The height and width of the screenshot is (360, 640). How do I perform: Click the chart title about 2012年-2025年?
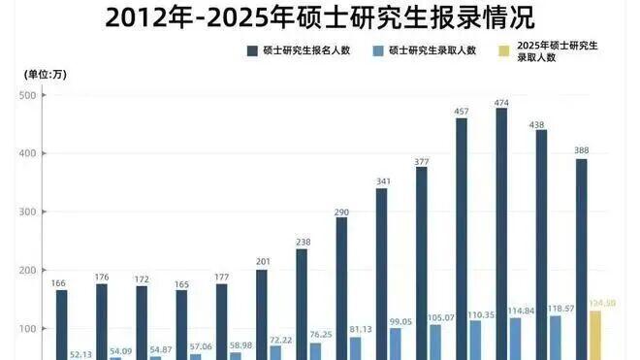coord(319,17)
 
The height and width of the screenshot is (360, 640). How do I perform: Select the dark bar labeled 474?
coord(501,233)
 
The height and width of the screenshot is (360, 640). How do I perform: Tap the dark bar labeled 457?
coord(461,238)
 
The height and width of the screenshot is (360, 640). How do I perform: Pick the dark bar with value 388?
coord(582,257)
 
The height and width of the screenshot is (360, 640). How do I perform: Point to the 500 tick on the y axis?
coord(27,95)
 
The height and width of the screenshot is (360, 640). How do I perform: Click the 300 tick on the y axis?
coord(27,212)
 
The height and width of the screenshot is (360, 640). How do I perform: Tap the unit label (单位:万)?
coord(46,74)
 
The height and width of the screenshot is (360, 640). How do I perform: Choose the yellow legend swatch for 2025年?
coord(503,50)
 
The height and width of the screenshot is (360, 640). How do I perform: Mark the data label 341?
coord(381,180)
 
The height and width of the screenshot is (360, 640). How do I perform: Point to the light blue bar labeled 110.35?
coord(475,339)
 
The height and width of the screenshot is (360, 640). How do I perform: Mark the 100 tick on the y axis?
coord(27,328)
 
